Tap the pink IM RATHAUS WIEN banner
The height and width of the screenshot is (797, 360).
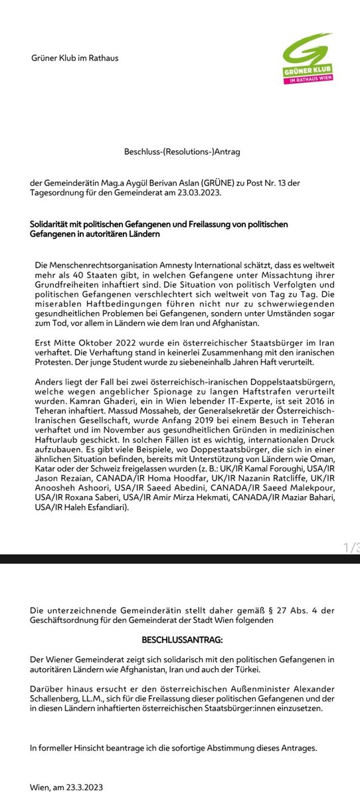click(x=312, y=80)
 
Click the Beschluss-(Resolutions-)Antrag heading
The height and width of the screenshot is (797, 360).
click(x=182, y=152)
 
